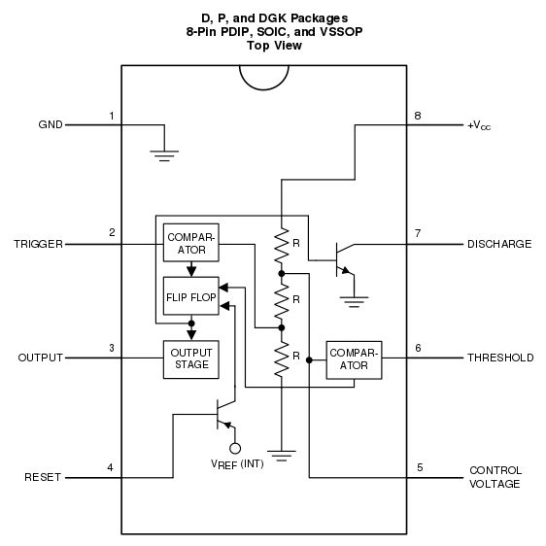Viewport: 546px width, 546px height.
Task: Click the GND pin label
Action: pyautogui.click(x=50, y=125)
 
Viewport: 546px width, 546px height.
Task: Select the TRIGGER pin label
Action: pyautogui.click(x=39, y=244)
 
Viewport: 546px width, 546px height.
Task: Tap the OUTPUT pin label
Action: pyautogui.click(x=40, y=358)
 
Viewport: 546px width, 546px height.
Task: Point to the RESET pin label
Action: pyautogui.click(x=43, y=477)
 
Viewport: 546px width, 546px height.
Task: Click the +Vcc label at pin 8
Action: pyautogui.click(x=479, y=125)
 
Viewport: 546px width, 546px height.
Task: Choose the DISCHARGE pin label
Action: pyautogui.click(x=499, y=244)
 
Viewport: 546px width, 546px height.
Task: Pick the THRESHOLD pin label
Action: pyautogui.click(x=500, y=358)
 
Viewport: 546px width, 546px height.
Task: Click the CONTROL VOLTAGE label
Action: pyautogui.click(x=495, y=476)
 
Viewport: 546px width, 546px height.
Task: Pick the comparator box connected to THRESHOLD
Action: pyautogui.click(x=354, y=358)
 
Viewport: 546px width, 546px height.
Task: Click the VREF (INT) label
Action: pyautogui.click(x=237, y=464)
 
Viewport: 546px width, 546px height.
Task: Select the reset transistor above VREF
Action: pyautogui.click(x=222, y=416)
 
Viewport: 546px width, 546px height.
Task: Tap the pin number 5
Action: pyautogui.click(x=419, y=467)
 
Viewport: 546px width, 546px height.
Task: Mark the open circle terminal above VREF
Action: pyautogui.click(x=234, y=448)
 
